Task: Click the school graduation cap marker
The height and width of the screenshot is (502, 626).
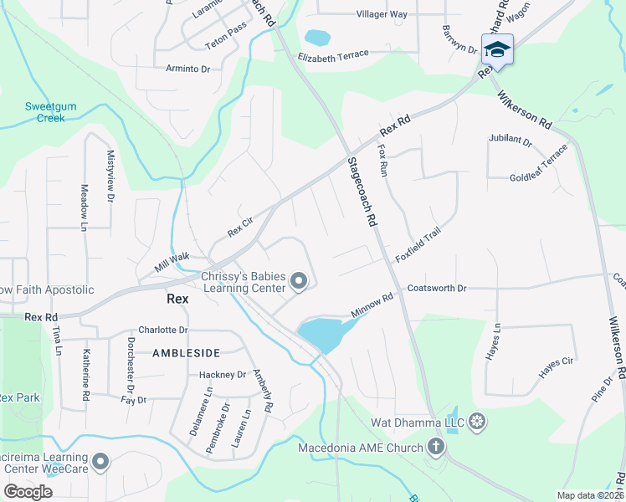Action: tap(497, 49)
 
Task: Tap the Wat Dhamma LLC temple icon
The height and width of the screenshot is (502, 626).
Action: tap(477, 420)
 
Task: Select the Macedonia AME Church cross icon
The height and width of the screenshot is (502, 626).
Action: tap(435, 447)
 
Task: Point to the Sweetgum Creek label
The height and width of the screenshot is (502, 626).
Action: tap(44, 112)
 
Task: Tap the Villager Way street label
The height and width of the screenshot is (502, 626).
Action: tap(382, 14)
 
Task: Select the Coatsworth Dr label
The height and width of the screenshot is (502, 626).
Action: tap(436, 289)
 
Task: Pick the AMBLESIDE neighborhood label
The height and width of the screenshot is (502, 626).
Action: tap(186, 353)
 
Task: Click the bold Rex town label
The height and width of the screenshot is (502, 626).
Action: tap(177, 298)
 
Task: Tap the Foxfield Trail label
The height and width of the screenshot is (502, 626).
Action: tap(418, 247)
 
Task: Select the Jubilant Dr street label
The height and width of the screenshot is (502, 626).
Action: tap(511, 141)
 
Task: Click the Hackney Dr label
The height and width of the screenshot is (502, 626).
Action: tap(223, 375)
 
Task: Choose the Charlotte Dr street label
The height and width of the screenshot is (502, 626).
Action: tap(163, 330)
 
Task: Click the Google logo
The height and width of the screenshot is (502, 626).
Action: tap(27, 491)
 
